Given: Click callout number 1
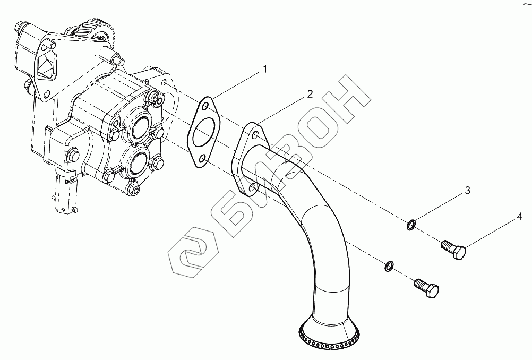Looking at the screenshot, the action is point(265,69).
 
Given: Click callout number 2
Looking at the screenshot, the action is point(310,94).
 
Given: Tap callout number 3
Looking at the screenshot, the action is point(468,191).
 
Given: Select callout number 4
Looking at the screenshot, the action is point(519,217).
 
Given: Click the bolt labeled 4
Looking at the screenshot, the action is point(453,250).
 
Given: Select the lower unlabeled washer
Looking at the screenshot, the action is point(389,266).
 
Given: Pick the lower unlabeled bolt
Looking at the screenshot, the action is point(426,288).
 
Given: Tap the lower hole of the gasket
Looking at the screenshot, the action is point(202,159).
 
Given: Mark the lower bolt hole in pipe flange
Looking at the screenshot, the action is point(252,187).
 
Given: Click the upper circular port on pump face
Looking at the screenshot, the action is point(139,127).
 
